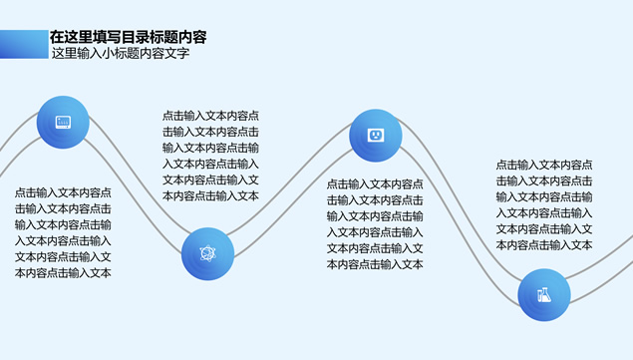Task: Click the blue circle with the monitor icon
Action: click(63, 123)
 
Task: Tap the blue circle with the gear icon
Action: click(208, 252)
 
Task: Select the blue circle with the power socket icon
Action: click(376, 135)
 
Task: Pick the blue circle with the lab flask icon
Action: click(544, 294)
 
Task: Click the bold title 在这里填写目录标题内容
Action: click(129, 37)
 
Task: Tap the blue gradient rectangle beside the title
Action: click(24, 44)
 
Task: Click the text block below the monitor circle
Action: click(63, 232)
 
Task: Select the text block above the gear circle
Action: click(210, 156)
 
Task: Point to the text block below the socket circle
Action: click(375, 224)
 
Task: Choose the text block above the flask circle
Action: click(544, 204)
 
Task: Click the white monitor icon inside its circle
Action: click(63, 123)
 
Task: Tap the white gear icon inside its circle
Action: click(208, 252)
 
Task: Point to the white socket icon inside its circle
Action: click(376, 135)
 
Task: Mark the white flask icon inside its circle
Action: click(544, 294)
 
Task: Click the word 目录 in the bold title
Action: click(137, 37)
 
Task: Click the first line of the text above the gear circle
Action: click(210, 116)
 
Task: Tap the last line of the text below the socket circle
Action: click(375, 264)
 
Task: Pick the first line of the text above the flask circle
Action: click(544, 165)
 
